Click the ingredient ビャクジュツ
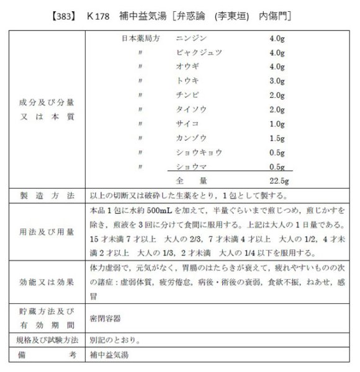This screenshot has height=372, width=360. pyautogui.click(x=199, y=53)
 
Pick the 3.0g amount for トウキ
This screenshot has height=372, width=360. pyautogui.click(x=277, y=81)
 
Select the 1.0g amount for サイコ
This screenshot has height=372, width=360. pyautogui.click(x=277, y=124)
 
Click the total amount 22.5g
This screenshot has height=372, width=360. pyautogui.click(x=280, y=180)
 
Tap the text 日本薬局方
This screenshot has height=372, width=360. pyautogui.click(x=142, y=38)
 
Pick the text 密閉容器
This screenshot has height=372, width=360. pyautogui.click(x=105, y=317)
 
